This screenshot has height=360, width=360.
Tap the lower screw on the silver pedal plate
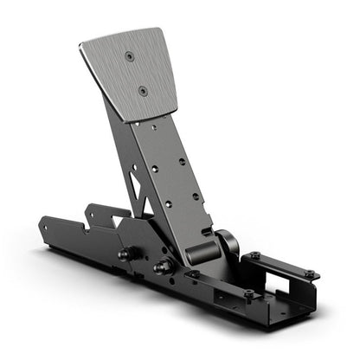coord(144,91)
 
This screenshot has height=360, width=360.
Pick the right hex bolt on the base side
coord(161,267)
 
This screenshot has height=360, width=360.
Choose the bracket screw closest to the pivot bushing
coord(254,255)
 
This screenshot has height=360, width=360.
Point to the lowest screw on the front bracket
coord(248,294)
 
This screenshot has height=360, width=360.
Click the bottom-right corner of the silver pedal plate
coord(178,110)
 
